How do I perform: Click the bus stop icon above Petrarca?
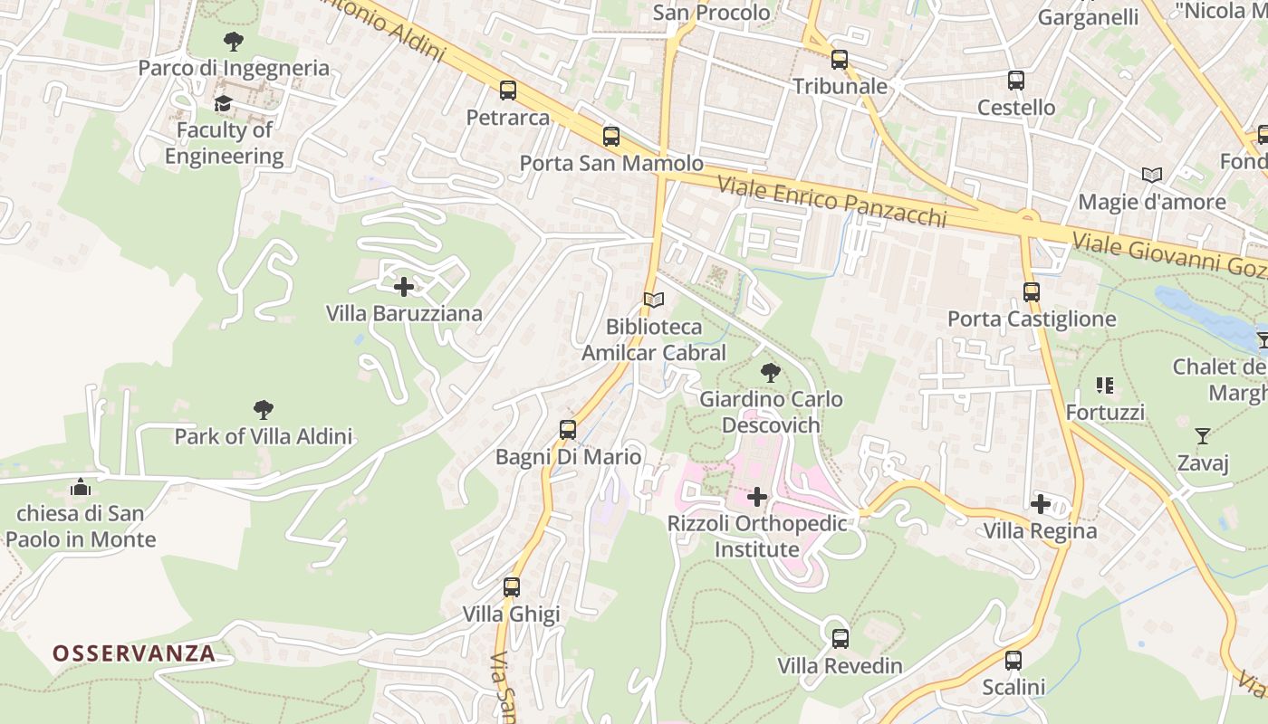tap(507, 90)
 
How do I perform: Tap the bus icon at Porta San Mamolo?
tap(611, 137)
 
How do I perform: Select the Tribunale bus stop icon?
tap(840, 60)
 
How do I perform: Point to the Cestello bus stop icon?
tap(1015, 81)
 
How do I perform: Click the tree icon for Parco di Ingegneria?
tap(233, 41)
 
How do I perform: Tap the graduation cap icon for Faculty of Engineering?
tap(223, 104)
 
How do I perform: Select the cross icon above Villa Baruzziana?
tap(404, 287)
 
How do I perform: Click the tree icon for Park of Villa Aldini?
tap(263, 410)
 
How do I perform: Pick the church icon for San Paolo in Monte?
tap(81, 487)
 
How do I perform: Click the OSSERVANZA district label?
tap(134, 653)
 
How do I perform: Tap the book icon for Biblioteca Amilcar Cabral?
tap(653, 300)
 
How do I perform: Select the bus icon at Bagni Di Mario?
tap(568, 430)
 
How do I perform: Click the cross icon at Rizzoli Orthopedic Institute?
tap(757, 497)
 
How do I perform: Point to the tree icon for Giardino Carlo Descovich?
tap(771, 372)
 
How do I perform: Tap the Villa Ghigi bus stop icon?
tap(512, 587)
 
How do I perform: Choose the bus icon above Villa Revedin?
tap(840, 639)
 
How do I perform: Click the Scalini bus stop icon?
tap(1013, 661)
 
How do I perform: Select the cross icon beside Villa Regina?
tap(1041, 504)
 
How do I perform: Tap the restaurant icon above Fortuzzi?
tap(1104, 386)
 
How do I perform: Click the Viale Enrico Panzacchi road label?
tap(831, 202)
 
